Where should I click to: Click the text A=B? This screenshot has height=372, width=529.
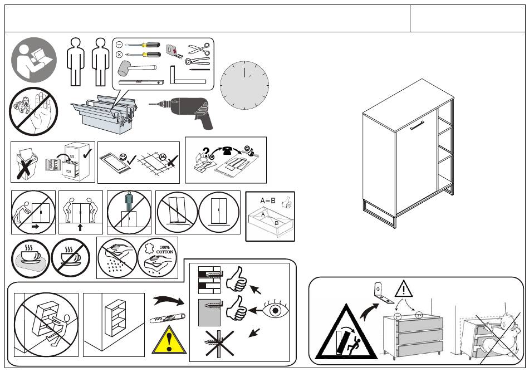click(267, 200)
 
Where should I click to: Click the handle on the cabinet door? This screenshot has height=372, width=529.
click(417, 128)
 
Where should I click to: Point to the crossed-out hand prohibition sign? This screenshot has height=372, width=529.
click(33, 111)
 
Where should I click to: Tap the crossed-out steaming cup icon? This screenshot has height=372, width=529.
click(71, 258)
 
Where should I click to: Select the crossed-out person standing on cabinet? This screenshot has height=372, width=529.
click(129, 213)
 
